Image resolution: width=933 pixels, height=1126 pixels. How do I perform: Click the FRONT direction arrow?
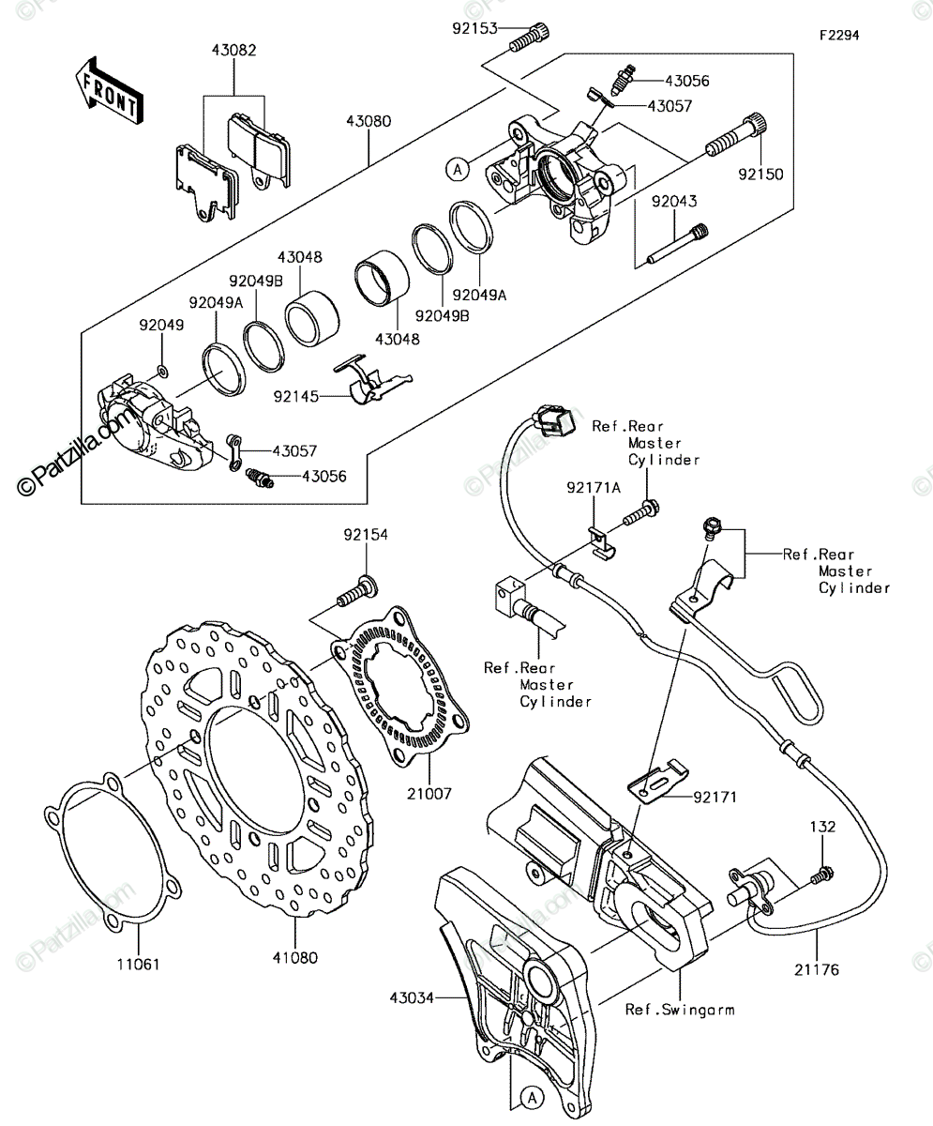tap(110, 92)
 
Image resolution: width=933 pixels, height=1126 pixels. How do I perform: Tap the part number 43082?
tap(233, 50)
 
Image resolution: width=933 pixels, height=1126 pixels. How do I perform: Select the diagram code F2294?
tap(840, 35)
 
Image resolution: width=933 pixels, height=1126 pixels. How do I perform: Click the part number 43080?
tap(369, 121)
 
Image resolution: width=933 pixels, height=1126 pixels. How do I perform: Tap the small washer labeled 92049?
tap(161, 371)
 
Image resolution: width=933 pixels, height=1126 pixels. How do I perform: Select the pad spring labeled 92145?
tap(373, 379)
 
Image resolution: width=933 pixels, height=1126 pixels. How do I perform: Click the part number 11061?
tap(139, 964)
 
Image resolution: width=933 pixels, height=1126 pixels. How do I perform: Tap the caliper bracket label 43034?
tap(412, 997)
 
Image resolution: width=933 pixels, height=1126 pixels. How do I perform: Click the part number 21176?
tap(817, 970)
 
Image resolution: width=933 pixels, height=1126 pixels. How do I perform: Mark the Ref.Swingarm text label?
tap(680, 1010)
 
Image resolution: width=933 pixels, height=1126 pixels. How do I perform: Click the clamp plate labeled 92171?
tap(658, 781)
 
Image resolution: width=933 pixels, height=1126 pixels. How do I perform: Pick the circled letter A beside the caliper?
tap(458, 170)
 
